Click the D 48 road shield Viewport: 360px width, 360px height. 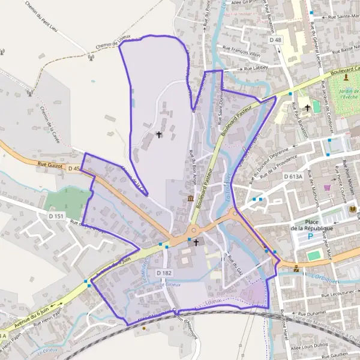tap(275, 40)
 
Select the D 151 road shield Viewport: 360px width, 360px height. tap(56, 215)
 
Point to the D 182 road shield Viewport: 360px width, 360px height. tap(165, 273)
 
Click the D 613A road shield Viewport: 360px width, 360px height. tap(296, 176)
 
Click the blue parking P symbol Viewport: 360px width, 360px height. tap(310, 236)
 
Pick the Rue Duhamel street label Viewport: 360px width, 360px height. tap(310, 313)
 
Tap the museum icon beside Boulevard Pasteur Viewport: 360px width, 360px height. tap(190, 198)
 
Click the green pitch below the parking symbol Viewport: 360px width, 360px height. tap(314, 256)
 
